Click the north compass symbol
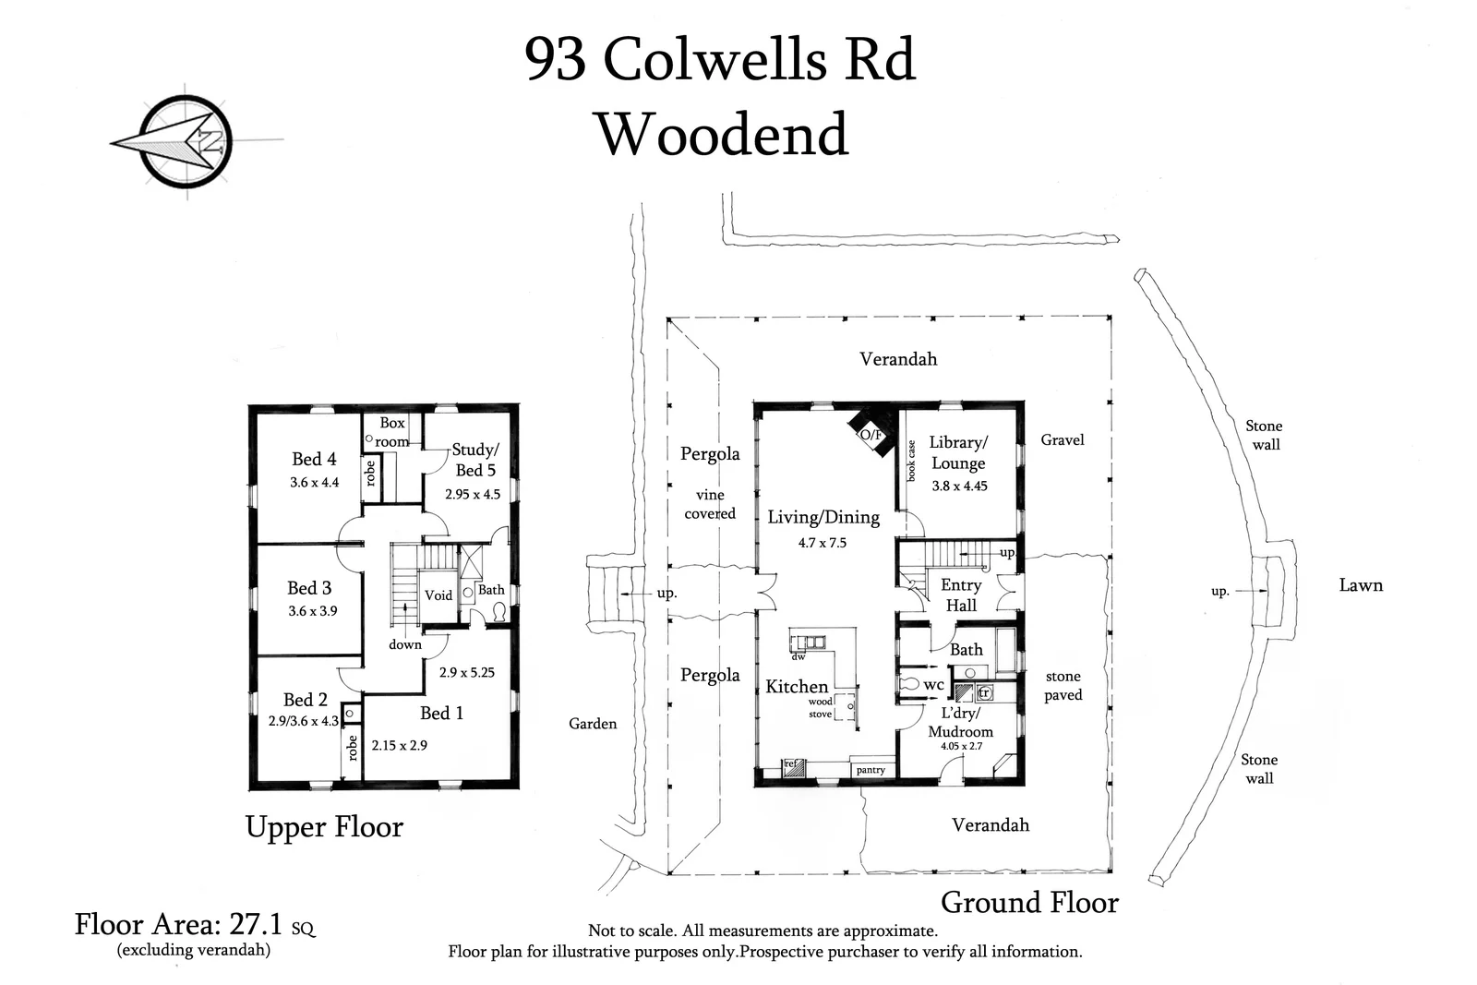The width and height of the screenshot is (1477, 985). point(185,143)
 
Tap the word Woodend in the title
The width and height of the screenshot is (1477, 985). point(722,134)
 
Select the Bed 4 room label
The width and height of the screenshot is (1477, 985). point(314,459)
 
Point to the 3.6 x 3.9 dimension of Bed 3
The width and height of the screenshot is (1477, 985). point(313,611)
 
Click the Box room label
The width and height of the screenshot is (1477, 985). point(392,431)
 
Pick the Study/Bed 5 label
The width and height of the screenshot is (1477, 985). point(474,460)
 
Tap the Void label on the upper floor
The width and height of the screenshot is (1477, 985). point(438,595)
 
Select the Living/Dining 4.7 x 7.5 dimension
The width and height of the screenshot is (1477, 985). point(822,543)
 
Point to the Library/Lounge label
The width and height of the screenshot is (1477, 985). point(958,452)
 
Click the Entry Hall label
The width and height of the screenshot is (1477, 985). point(961,595)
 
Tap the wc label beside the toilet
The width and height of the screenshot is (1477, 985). point(934,685)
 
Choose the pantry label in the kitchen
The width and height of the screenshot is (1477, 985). point(871,769)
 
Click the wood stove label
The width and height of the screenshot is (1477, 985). point(820,708)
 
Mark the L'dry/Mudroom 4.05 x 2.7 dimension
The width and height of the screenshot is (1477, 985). point(961,746)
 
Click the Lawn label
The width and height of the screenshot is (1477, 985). point(1361,585)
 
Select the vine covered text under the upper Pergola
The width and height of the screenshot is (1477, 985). point(710,504)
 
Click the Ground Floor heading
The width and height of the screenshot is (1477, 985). point(1029,902)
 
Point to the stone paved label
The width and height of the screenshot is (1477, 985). point(1063,686)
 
